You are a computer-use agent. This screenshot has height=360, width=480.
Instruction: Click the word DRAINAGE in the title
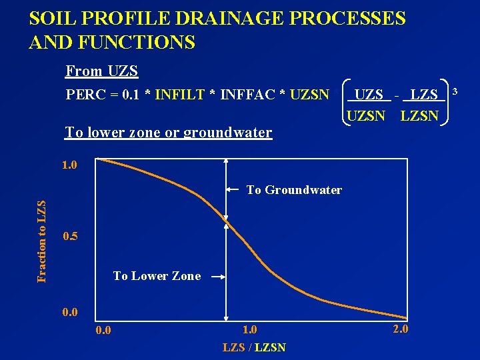[x=220, y=18]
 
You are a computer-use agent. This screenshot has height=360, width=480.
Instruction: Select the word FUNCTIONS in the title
[x=135, y=43]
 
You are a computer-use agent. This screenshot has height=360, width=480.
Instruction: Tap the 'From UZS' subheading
[x=102, y=71]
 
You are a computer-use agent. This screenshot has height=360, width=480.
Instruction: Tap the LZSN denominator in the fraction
[x=419, y=116]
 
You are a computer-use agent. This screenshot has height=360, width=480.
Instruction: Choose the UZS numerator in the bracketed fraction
[x=369, y=95]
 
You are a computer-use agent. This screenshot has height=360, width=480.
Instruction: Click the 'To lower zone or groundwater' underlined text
[x=168, y=132]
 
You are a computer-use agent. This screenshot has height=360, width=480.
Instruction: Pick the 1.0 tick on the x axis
[x=249, y=329]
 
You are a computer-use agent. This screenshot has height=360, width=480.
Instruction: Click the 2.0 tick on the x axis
[x=401, y=329]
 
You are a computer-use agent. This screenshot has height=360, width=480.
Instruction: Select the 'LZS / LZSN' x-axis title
[x=254, y=347]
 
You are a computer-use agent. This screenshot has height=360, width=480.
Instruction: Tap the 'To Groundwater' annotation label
[x=294, y=190]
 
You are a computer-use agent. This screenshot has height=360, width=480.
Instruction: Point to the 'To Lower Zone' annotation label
[x=157, y=276]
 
